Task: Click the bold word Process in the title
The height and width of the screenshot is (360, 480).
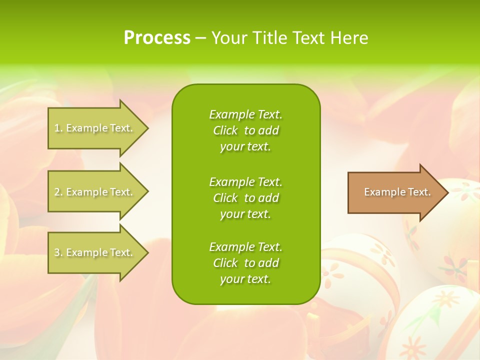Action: pos(157,38)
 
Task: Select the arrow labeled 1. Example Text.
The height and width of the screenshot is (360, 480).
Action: pos(95,128)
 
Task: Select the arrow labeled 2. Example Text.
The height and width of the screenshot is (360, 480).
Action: pos(95,192)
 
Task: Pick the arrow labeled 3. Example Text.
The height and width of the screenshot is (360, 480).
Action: pos(95,252)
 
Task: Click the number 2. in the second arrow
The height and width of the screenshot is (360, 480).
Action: pos(58,192)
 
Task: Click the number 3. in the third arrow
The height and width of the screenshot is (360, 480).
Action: pos(58,252)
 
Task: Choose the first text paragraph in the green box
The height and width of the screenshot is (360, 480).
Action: pos(245,130)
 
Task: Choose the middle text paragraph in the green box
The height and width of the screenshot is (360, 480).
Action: pos(245,198)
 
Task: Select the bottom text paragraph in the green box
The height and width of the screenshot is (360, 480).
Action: pos(245,263)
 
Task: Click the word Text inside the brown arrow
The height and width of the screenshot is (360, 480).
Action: pos(419,192)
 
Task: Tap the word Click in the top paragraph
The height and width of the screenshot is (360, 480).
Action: pos(225,130)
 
